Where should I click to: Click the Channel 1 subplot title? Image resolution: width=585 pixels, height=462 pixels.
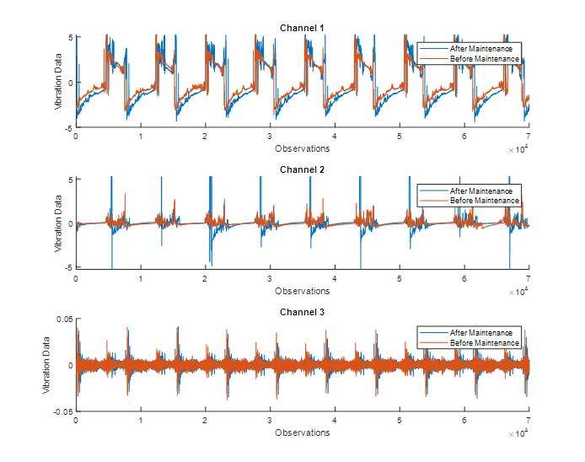tap(302, 29)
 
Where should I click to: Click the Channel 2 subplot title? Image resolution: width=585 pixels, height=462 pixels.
tap(302, 169)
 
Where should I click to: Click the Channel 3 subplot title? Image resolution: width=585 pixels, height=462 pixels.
tap(302, 312)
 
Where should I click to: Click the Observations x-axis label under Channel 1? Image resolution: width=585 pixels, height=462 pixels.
tap(302, 148)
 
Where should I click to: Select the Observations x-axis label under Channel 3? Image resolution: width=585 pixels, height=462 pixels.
tap(302, 432)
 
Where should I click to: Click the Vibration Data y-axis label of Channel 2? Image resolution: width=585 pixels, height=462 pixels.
tap(58, 223)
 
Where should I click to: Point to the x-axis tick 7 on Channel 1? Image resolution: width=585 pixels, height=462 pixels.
tap(529, 136)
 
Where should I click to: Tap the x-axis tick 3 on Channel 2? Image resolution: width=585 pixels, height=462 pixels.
tap(270, 278)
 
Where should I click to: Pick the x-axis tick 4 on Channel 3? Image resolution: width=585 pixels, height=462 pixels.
tap(335, 420)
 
